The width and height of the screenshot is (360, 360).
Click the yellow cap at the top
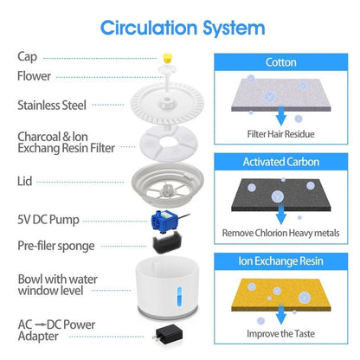coord(167,58)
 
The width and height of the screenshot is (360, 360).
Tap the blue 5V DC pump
coord(164,221)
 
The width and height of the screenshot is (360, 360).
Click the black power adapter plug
coord(168,334)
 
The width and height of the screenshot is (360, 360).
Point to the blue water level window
coord(179,296)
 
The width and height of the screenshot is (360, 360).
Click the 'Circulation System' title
coord(183,29)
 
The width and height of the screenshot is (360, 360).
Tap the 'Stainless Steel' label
coord(52,106)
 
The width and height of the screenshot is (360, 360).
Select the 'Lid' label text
coord(24,182)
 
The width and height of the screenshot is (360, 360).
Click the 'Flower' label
coord(34,76)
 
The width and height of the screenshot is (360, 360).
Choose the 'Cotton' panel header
coord(281,62)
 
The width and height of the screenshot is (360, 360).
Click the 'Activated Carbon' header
coord(281,162)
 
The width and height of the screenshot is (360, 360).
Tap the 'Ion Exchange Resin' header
coord(281,261)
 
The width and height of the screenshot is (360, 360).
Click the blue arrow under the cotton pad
coord(281,116)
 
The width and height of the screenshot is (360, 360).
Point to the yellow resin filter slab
coord(281,295)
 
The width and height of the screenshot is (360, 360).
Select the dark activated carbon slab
coord(281,195)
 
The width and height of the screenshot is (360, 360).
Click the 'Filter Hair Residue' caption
coord(281,134)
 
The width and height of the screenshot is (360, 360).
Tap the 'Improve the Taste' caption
coord(281,334)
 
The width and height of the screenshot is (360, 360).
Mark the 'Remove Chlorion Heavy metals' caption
coord(281,233)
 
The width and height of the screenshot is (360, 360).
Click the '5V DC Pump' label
coord(48,220)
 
